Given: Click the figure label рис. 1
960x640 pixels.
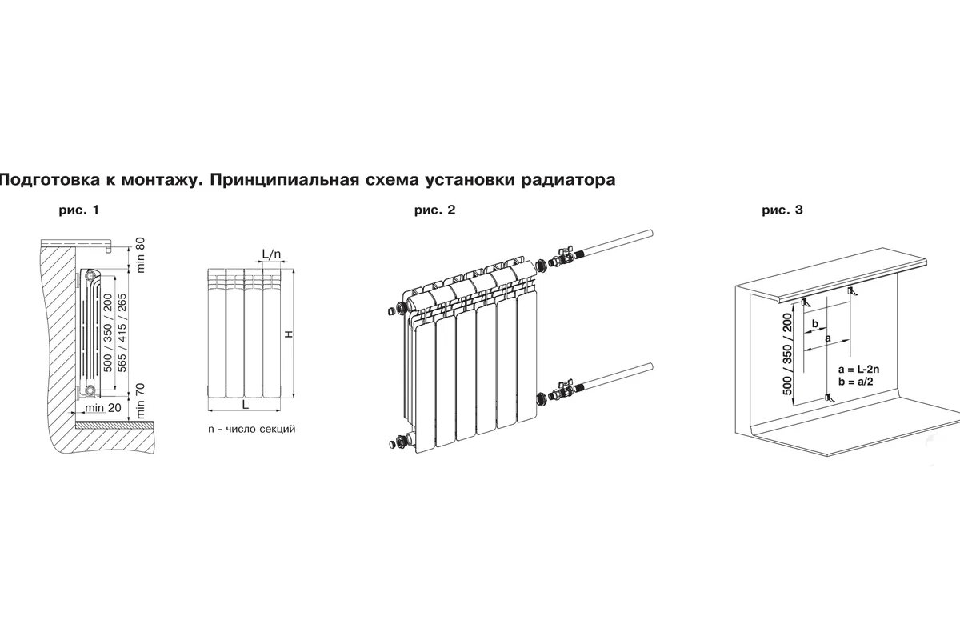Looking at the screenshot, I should (78, 211).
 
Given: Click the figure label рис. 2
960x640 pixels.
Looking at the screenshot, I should (434, 211).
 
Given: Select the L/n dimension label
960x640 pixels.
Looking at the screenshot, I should (272, 254).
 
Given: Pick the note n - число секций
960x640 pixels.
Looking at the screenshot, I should (251, 430).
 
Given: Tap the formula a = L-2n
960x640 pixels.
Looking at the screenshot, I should (860, 370).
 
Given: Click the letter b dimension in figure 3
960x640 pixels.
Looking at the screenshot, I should (814, 322).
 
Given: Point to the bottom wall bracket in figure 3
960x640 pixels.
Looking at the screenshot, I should (826, 398).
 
